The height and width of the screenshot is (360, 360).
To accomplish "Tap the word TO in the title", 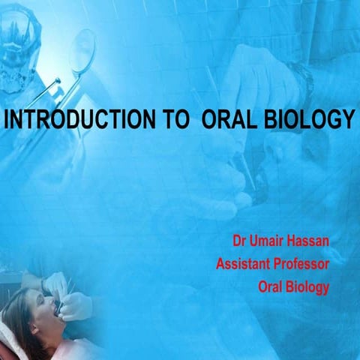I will [x=163, y=119].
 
